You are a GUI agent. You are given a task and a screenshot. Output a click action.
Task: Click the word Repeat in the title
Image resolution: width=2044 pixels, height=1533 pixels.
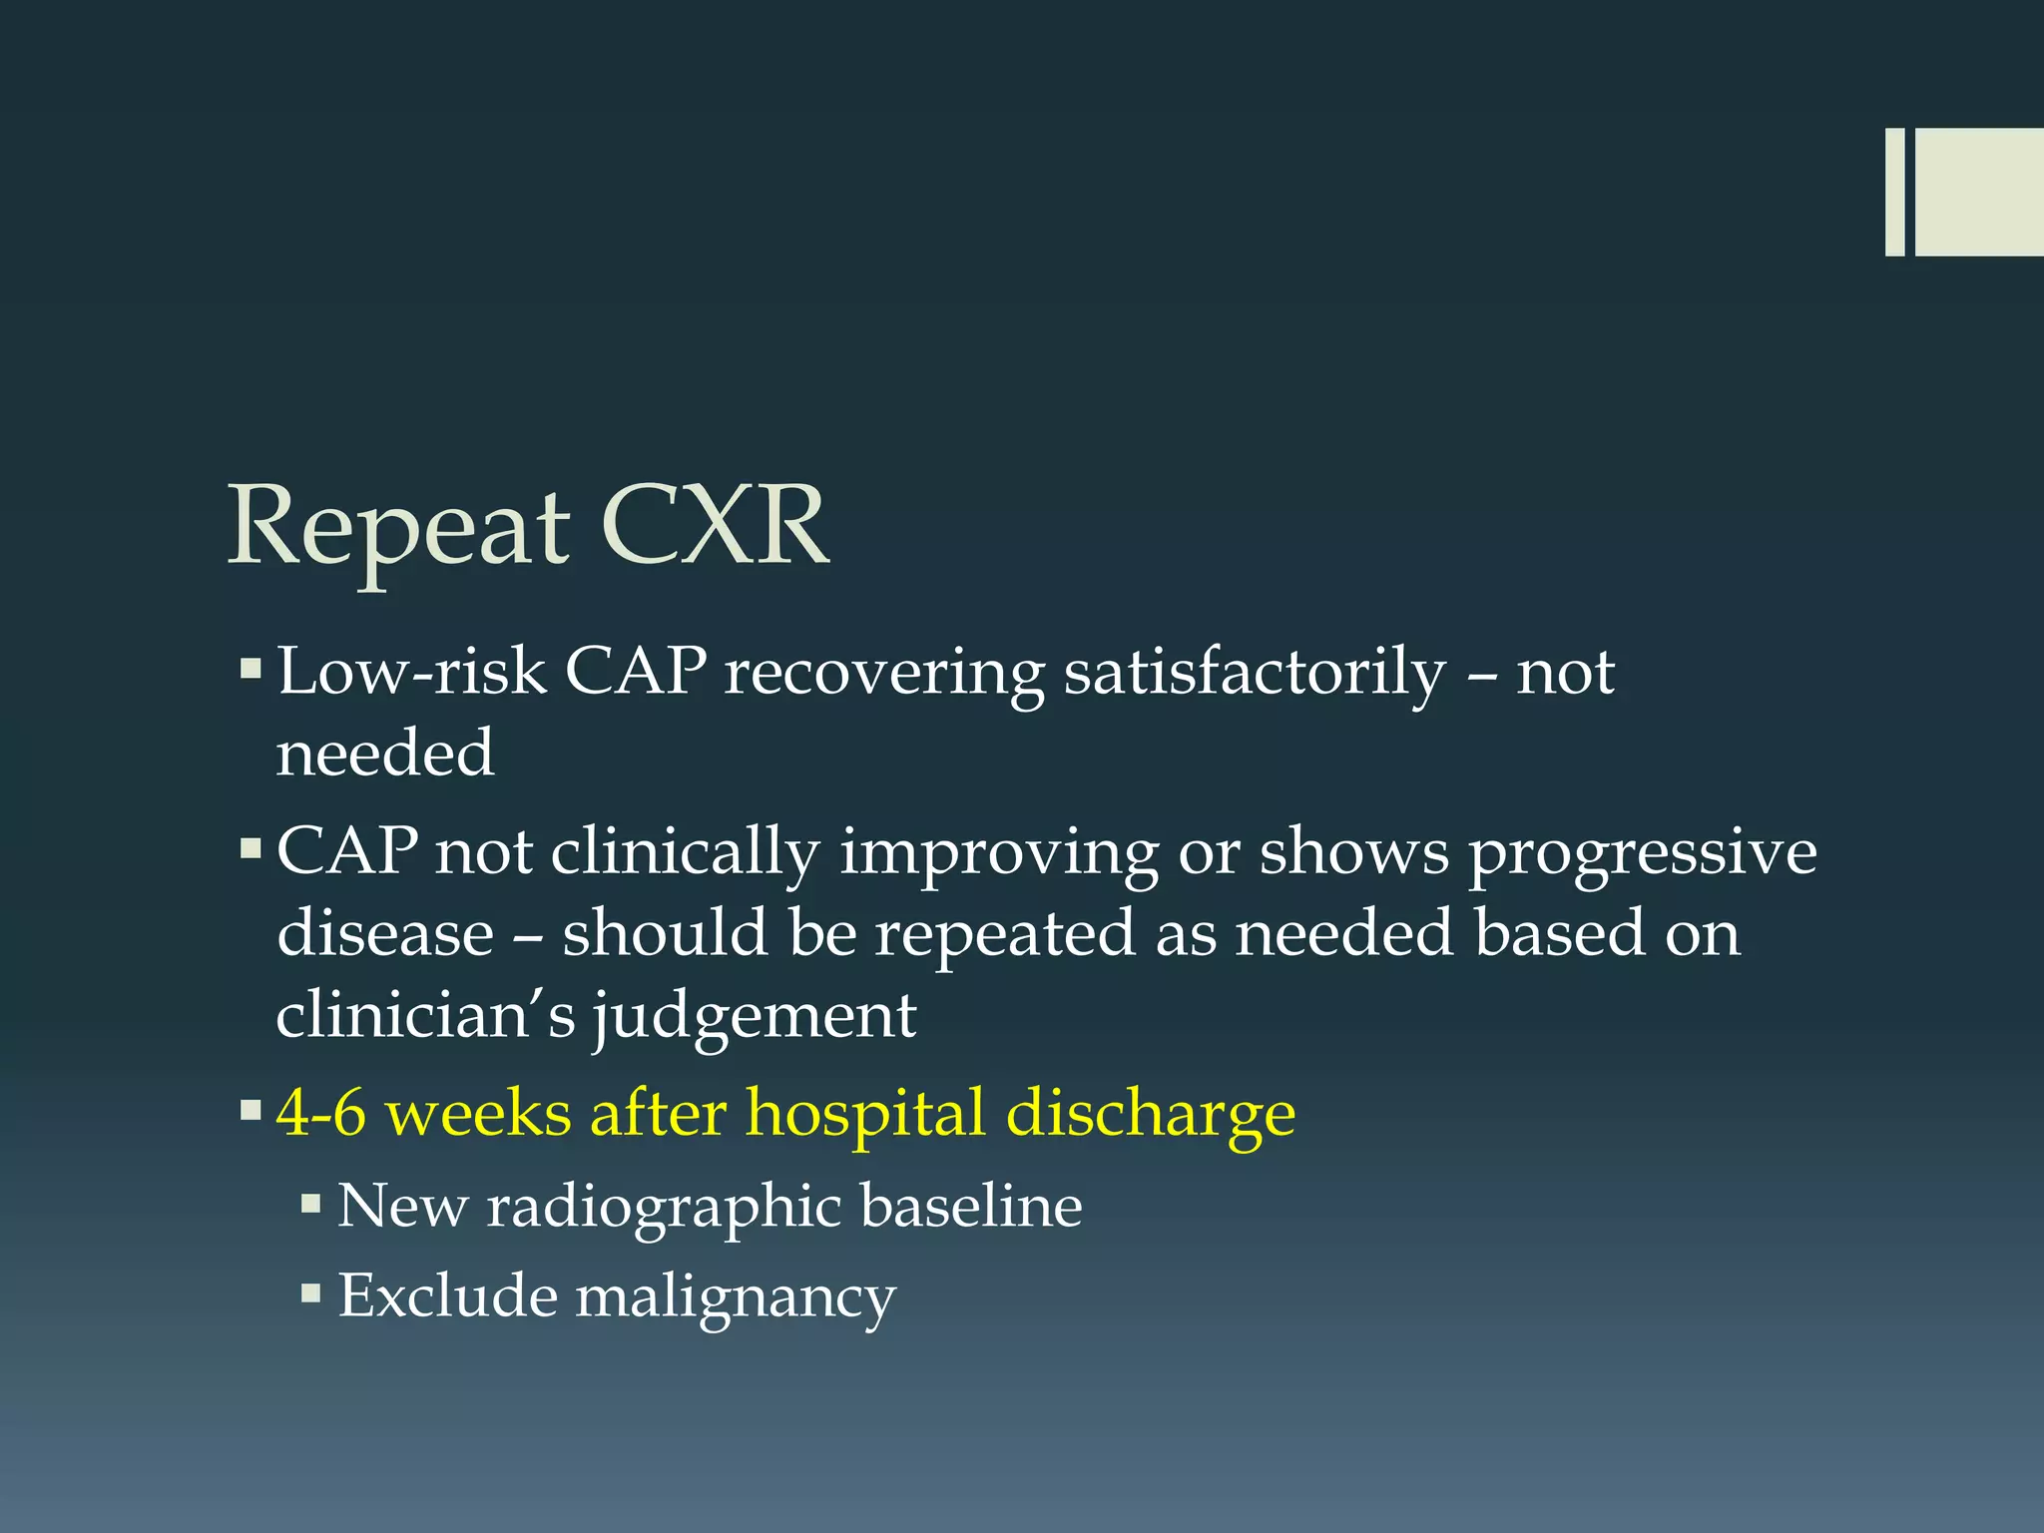pyautogui.click(x=399, y=529)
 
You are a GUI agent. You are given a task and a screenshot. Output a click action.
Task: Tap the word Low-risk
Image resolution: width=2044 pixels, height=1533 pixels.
pyautogui.click(x=411, y=672)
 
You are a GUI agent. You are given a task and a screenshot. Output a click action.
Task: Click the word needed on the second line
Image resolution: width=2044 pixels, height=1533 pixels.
pyautogui.click(x=385, y=754)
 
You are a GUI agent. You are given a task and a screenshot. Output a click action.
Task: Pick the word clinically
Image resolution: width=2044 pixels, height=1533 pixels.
pyautogui.click(x=685, y=854)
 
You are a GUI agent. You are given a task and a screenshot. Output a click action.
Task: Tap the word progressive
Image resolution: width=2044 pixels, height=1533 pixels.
pyautogui.click(x=1642, y=854)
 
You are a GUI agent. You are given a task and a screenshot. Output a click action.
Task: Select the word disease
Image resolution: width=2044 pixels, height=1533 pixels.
pyautogui.click(x=385, y=934)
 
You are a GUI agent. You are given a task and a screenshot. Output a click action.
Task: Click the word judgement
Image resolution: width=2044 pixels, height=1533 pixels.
pyautogui.click(x=755, y=1016)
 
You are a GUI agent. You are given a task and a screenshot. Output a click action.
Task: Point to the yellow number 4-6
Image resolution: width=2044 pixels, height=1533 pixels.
pyautogui.click(x=320, y=1113)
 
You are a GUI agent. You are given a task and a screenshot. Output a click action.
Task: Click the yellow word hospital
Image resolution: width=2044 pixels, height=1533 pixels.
pyautogui.click(x=865, y=1113)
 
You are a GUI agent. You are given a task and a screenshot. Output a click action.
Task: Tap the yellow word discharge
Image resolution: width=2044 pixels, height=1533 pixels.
pyautogui.click(x=1151, y=1113)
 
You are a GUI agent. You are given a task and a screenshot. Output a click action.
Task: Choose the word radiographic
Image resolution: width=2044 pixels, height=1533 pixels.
pyautogui.click(x=660, y=1207)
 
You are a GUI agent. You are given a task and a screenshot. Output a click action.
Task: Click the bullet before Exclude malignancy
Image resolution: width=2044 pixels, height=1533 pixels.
pyautogui.click(x=311, y=1294)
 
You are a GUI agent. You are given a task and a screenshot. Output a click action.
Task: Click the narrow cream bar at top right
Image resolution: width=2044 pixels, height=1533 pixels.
pyautogui.click(x=1894, y=192)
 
